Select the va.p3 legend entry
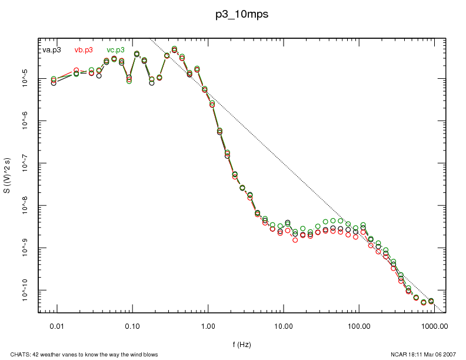[52, 50]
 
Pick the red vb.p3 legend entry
[84, 50]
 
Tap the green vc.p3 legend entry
[116, 50]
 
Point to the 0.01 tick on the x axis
[56, 325]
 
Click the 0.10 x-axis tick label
[132, 325]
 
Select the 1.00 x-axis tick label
[208, 325]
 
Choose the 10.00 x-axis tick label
[284, 325]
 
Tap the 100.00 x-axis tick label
[359, 325]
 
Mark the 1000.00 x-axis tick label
[434, 325]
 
